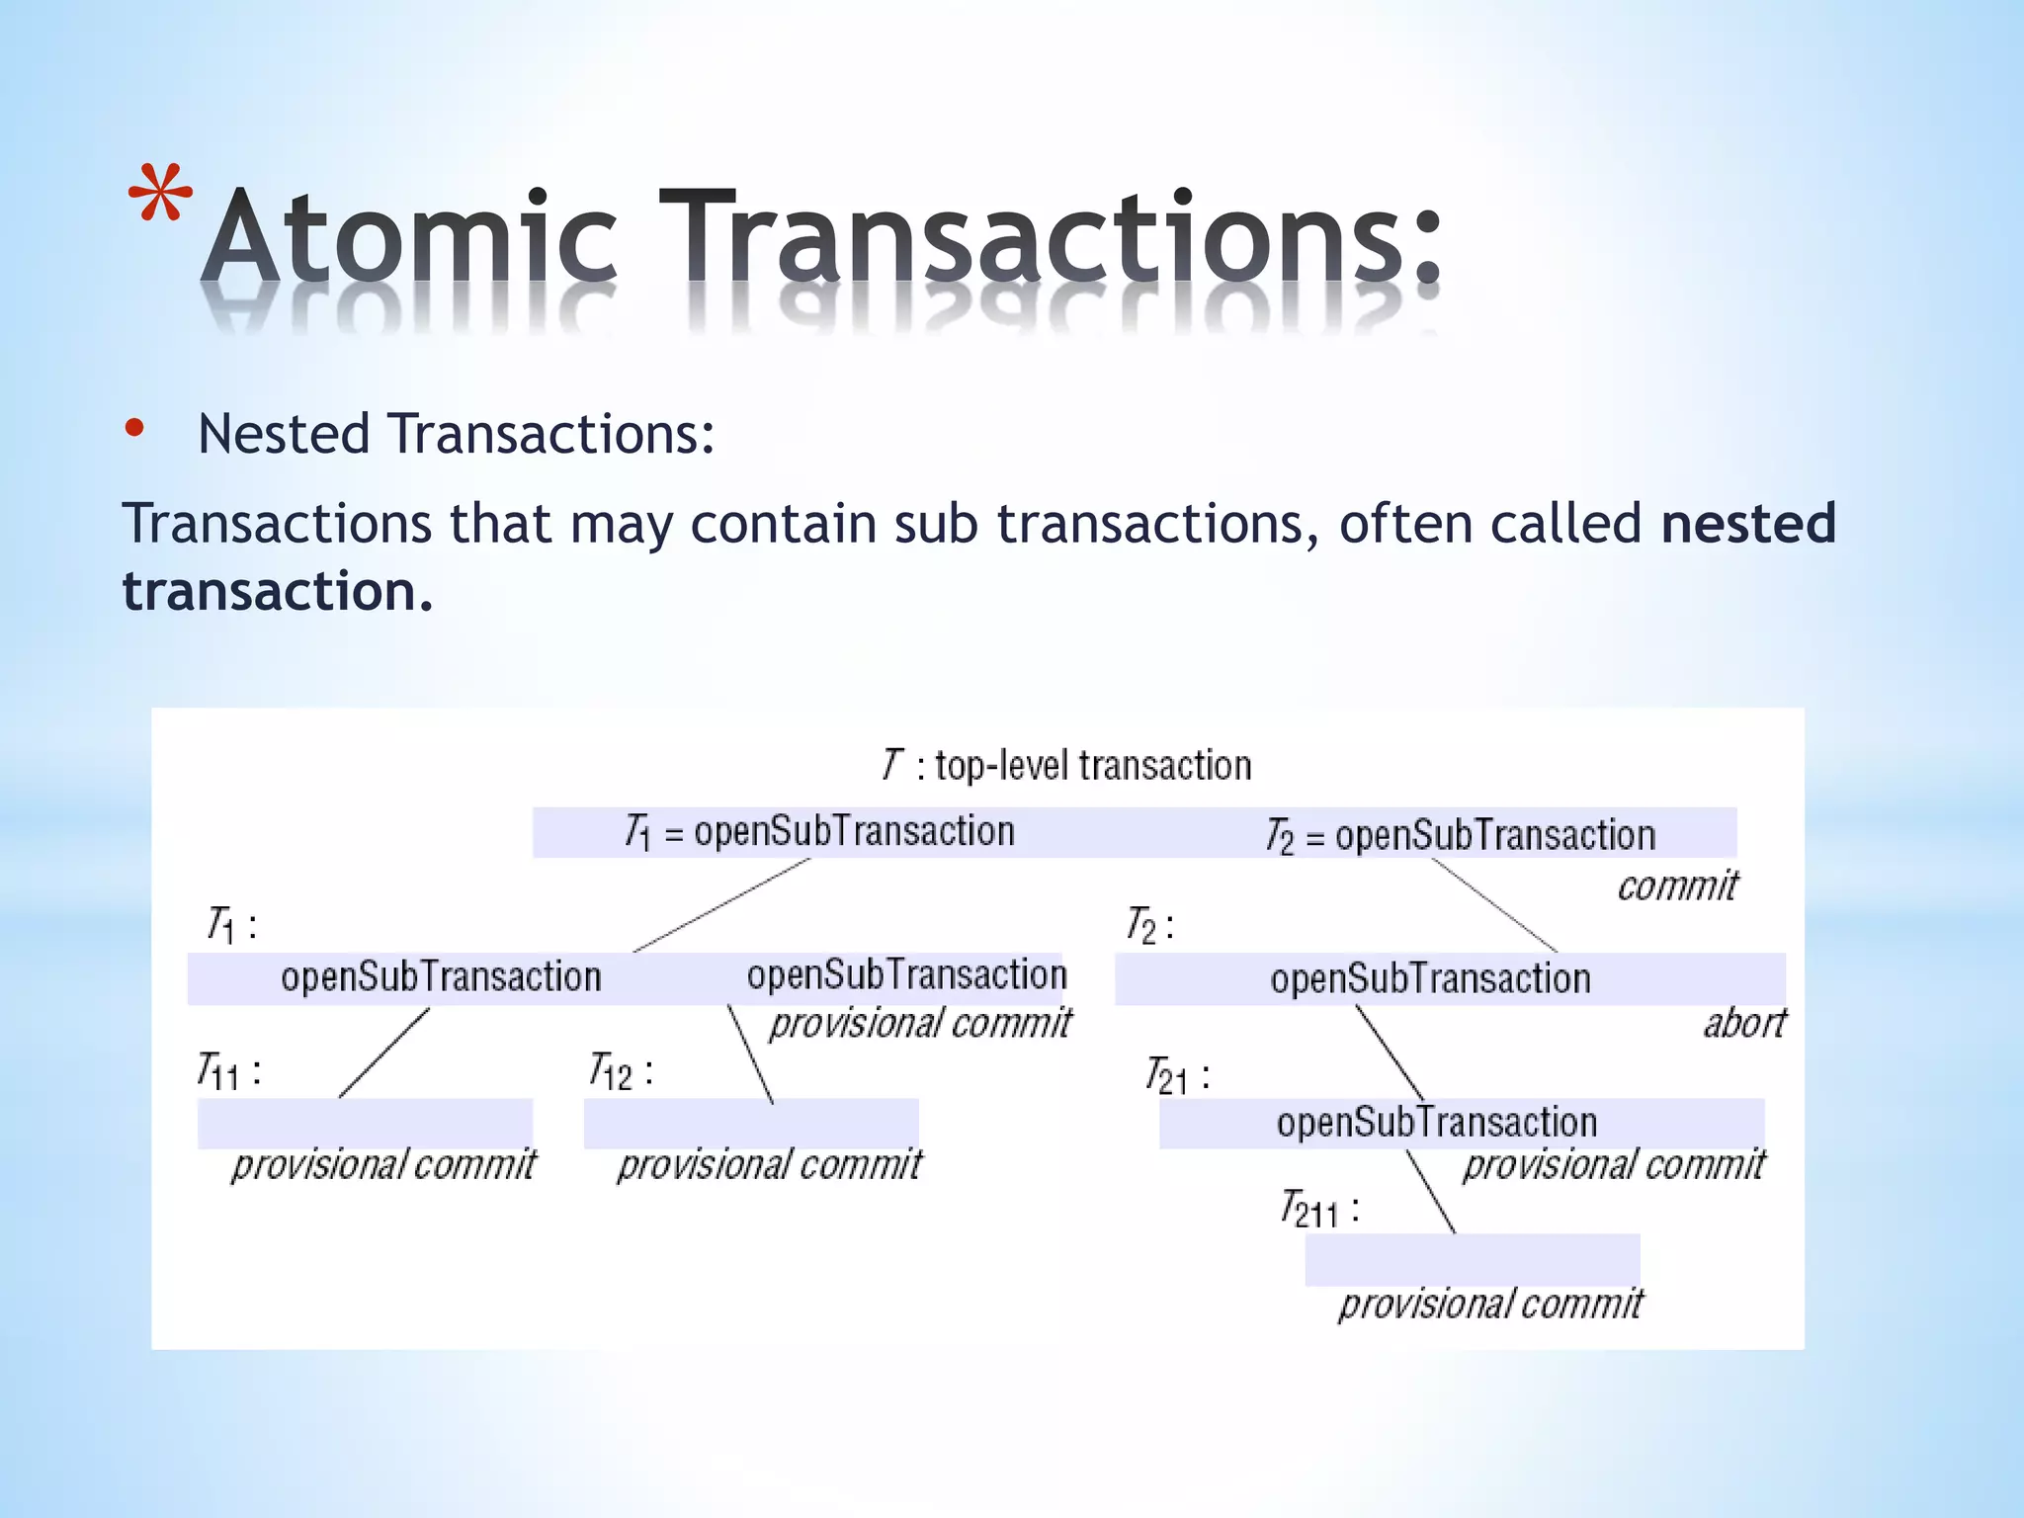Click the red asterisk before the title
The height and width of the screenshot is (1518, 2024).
(161, 195)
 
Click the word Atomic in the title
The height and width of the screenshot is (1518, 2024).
(410, 237)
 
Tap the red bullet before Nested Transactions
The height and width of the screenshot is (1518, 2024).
(135, 429)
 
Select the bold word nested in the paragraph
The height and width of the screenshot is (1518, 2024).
(1747, 523)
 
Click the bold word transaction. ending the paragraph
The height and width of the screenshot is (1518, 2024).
(278, 591)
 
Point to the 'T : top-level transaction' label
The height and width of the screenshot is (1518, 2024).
(1066, 766)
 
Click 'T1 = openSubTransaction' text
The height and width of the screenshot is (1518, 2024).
(819, 832)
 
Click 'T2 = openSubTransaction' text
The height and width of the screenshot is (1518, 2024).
(1460, 836)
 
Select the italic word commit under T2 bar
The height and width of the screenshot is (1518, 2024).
(1676, 886)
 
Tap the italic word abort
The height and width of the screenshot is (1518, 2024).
(1744, 1024)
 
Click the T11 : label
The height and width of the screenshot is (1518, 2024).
(229, 1072)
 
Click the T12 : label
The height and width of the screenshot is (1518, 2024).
(621, 1072)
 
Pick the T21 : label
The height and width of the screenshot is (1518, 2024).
(1177, 1076)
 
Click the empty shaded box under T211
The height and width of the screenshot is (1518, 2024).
(1472, 1260)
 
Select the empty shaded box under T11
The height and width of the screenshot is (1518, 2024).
(365, 1124)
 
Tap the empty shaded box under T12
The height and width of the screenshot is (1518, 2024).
(751, 1124)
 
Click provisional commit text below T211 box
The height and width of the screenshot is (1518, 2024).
(1490, 1305)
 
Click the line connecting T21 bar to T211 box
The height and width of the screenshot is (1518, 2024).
(1430, 1191)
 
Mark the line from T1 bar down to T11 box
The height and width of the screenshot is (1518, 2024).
(384, 1053)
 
